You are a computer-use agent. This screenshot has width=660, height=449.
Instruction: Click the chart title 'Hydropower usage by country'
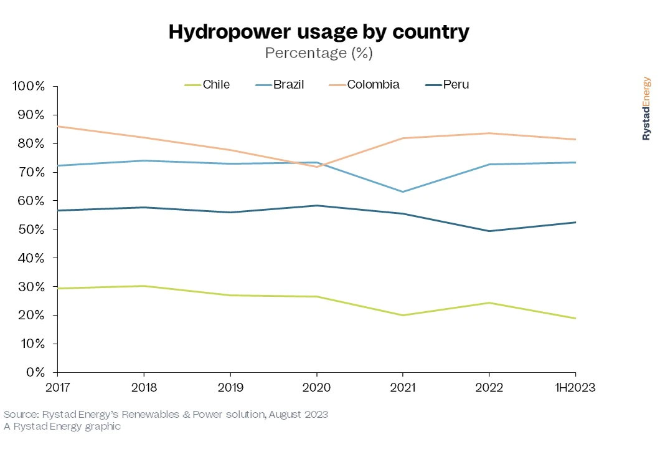pos(319,32)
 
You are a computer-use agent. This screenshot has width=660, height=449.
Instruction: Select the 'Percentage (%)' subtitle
pos(319,53)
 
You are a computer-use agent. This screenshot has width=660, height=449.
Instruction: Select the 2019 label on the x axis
pos(230,388)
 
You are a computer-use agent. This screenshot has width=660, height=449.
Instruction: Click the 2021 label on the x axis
pos(402,388)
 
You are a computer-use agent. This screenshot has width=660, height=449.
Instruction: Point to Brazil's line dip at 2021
pos(402,191)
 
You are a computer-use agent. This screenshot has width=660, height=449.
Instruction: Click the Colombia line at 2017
pos(57,127)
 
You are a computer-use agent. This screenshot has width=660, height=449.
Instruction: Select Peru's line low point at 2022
pos(489,231)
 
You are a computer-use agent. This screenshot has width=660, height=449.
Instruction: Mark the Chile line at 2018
pos(144,286)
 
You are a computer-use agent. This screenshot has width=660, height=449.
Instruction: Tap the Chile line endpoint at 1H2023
pos(575,319)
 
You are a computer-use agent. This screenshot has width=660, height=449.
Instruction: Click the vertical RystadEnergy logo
pos(646,109)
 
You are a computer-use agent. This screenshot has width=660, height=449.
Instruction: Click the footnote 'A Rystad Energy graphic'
pos(62,427)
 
